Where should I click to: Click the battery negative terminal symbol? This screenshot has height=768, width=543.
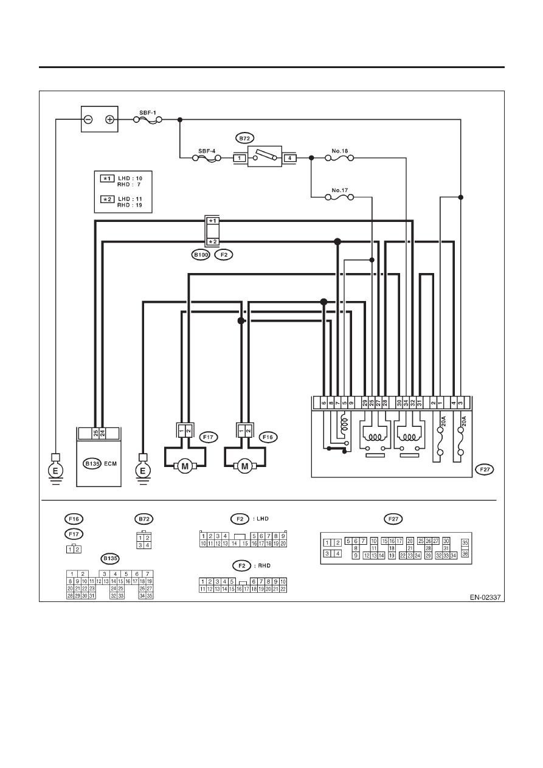point(88,119)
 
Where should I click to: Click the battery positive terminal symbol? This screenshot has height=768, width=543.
point(109,119)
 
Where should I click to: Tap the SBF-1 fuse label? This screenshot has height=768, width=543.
point(148,112)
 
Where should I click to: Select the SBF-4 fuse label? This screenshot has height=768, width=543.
point(207,151)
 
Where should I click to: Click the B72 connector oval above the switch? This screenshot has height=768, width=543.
point(244,138)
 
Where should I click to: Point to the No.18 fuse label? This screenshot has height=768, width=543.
point(340,151)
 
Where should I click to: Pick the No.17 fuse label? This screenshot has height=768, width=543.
point(340,190)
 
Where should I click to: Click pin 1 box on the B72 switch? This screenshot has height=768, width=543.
point(240,158)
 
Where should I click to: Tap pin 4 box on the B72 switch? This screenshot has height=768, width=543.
point(289,158)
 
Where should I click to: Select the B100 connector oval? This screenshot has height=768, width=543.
point(201,255)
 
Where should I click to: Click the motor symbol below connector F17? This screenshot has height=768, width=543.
point(185,466)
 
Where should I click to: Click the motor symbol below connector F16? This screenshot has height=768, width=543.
point(245,466)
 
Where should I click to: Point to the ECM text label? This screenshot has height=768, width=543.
point(111,463)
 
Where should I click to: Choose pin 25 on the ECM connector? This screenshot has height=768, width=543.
point(95,433)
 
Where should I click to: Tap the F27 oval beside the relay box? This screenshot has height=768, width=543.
point(485,469)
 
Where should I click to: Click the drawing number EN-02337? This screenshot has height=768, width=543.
point(485,597)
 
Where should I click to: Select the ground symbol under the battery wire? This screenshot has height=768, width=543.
point(55,471)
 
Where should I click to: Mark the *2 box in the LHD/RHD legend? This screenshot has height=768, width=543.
point(107,199)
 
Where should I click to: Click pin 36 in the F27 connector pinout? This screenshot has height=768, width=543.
point(465,554)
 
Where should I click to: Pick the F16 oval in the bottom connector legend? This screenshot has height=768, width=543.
point(74,519)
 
